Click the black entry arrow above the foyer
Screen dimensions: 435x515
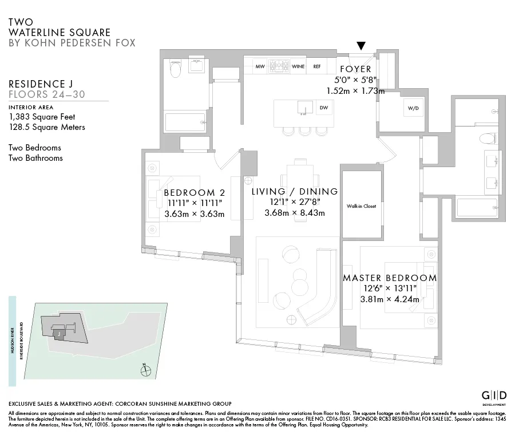[x=361, y=46]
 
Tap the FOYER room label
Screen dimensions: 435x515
[x=355, y=69]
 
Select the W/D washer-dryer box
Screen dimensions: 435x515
[x=414, y=108]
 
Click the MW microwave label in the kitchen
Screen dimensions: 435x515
[x=260, y=66]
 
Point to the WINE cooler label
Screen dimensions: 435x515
[x=298, y=66]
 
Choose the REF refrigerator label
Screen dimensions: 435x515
[x=316, y=66]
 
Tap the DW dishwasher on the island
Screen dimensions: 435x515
[x=324, y=107]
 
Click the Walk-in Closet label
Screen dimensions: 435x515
[x=361, y=206]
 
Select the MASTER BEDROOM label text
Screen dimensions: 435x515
[x=390, y=278]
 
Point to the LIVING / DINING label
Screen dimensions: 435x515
[x=295, y=192]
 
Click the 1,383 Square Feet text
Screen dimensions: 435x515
[x=42, y=117]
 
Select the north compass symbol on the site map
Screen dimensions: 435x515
[x=146, y=370]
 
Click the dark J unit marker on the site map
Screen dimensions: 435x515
[x=58, y=333]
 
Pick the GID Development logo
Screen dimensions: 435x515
[x=493, y=397]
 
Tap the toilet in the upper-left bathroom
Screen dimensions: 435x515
[x=176, y=70]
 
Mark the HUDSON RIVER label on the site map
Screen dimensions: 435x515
[x=12, y=338]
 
